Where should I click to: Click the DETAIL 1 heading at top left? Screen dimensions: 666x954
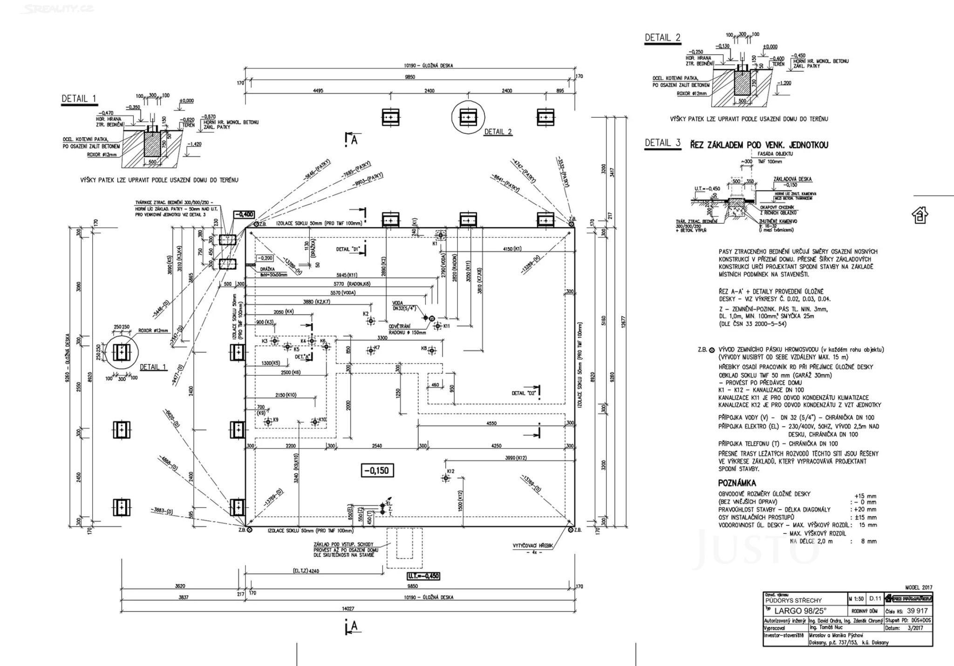point(79,99)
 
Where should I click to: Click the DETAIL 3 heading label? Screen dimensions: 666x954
point(662,143)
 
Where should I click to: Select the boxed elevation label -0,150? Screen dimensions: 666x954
point(377,471)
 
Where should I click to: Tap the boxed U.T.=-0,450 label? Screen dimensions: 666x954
point(423,576)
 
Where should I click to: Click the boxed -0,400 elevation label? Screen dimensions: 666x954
point(244,215)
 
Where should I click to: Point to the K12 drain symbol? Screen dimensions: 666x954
point(446,478)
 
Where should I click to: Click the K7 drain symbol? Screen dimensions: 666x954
point(371,350)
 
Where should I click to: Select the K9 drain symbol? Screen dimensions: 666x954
point(268,422)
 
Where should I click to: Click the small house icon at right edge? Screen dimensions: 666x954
point(920,215)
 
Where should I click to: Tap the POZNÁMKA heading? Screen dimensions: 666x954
point(737,483)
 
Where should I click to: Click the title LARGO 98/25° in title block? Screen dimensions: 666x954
point(800,611)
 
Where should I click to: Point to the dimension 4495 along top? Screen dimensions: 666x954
point(318,91)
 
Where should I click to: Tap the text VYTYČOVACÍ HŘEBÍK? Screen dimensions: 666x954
point(532,545)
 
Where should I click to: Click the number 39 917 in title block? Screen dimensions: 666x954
point(914,611)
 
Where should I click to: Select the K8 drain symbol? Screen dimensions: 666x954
point(432,350)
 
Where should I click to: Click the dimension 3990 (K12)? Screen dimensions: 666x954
point(516,458)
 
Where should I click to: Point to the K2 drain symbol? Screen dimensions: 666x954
point(371,321)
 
